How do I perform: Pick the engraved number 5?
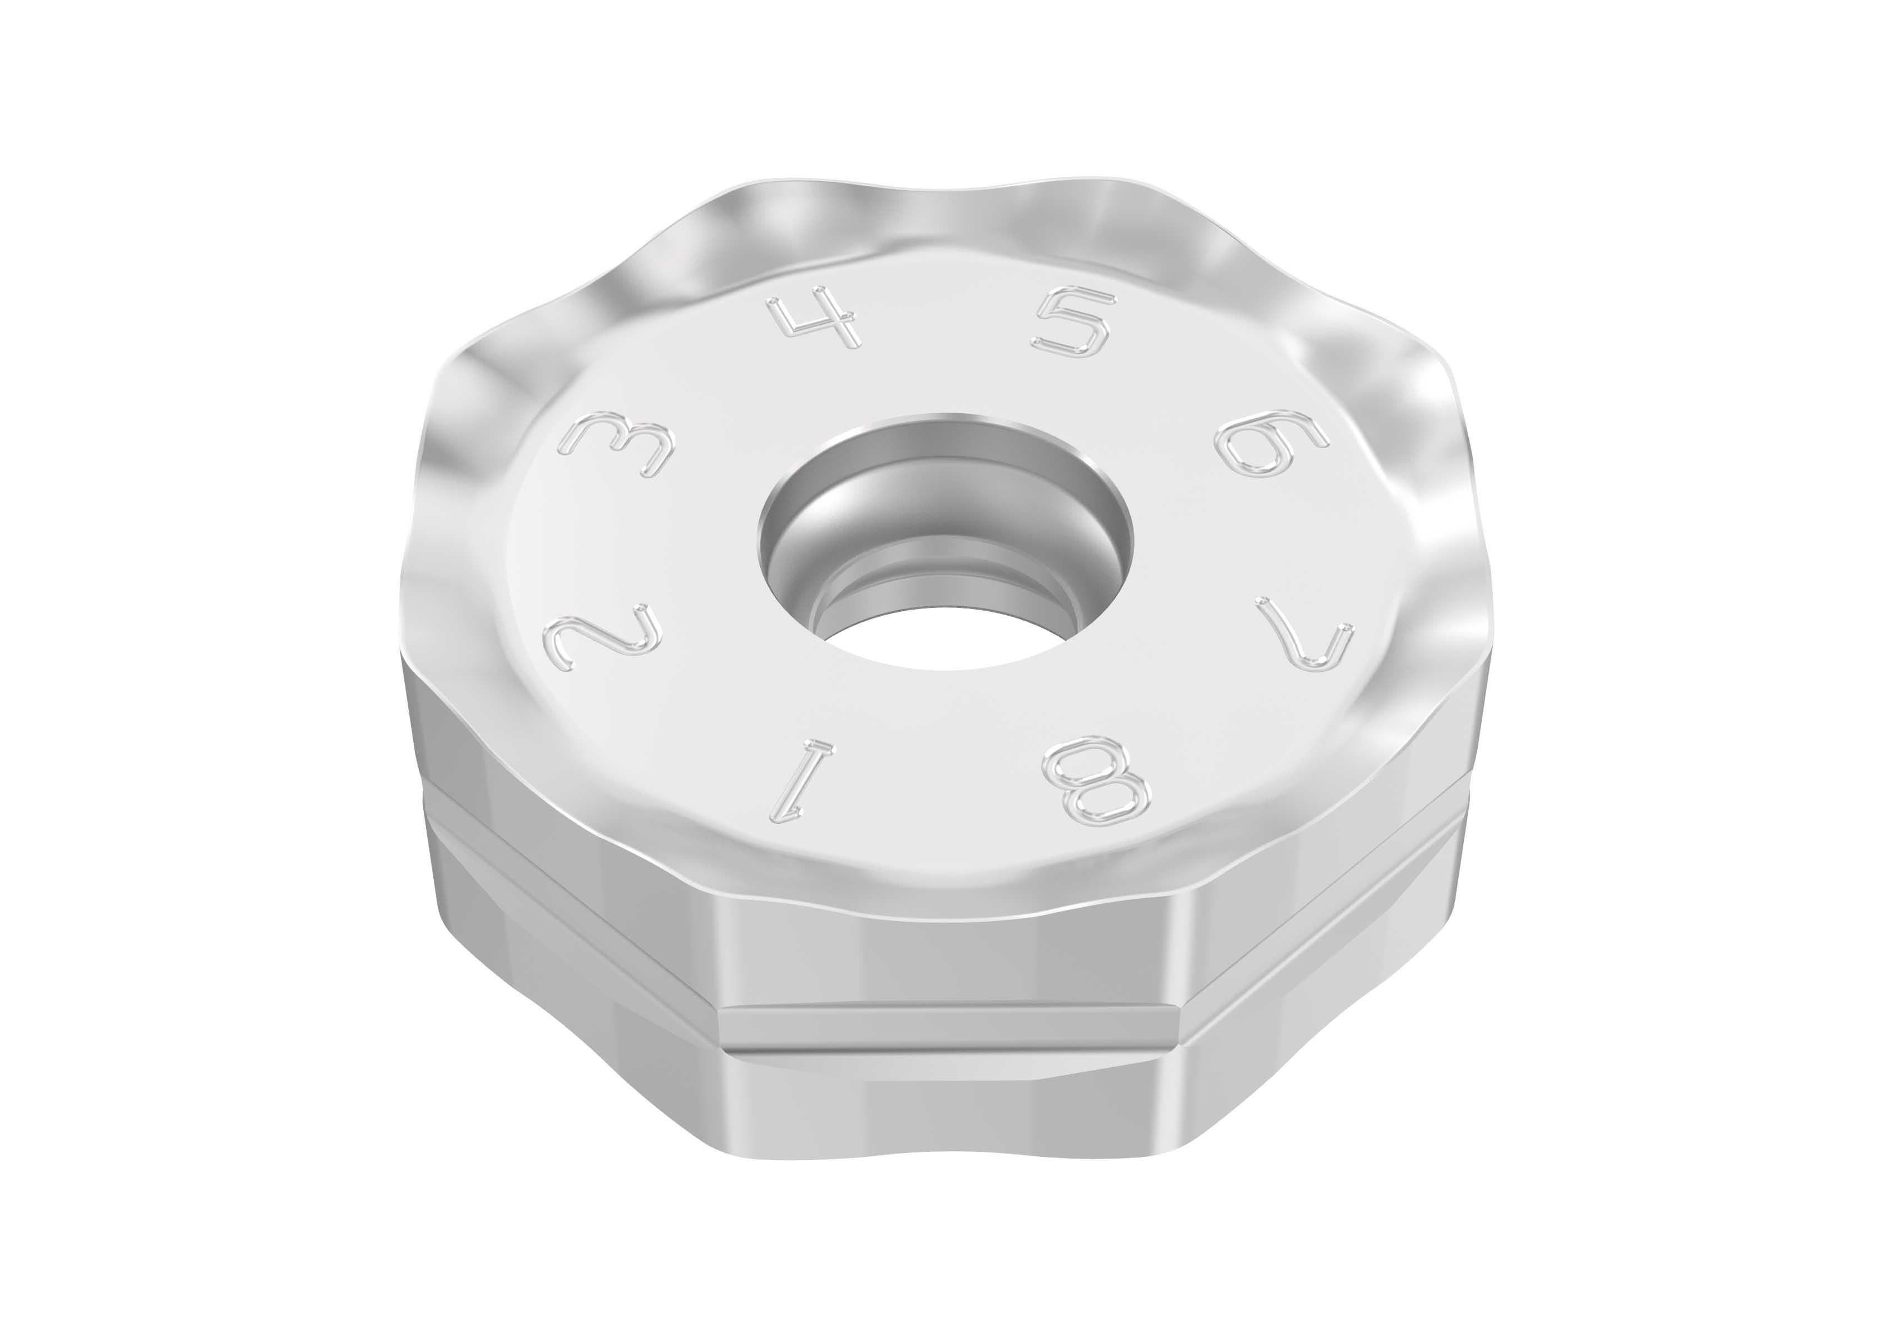tap(1072, 325)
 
